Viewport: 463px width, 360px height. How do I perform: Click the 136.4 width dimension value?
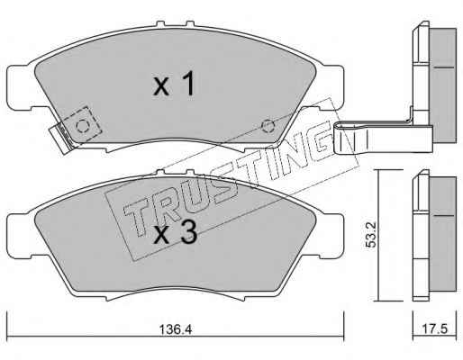coord(175,329)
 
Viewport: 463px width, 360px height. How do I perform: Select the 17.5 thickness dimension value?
coord(434,329)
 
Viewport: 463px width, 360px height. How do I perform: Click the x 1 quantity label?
coord(174,85)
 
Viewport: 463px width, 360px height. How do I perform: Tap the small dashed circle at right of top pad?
coord(267,125)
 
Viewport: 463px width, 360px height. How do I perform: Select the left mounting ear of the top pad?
coord(19,87)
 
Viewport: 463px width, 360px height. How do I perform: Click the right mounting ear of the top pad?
coord(332,87)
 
